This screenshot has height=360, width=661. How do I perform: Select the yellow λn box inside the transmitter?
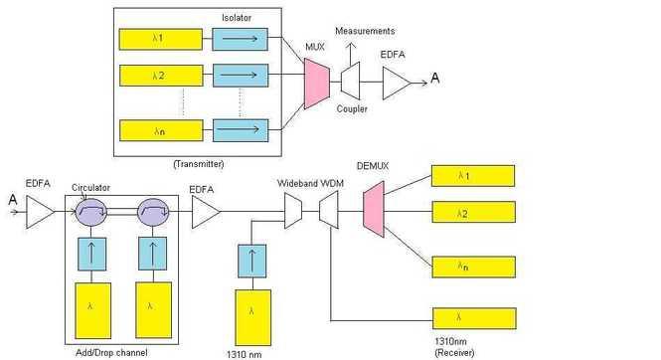tap(160, 130)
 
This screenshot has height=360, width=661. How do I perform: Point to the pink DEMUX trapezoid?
tap(375, 211)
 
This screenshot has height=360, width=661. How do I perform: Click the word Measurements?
tap(365, 32)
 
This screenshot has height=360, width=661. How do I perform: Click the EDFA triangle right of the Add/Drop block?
tap(205, 211)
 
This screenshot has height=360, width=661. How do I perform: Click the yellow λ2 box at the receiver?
tap(473, 213)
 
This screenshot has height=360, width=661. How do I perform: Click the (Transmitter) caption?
tap(199, 163)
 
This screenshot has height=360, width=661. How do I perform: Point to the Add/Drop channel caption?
tap(112, 352)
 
